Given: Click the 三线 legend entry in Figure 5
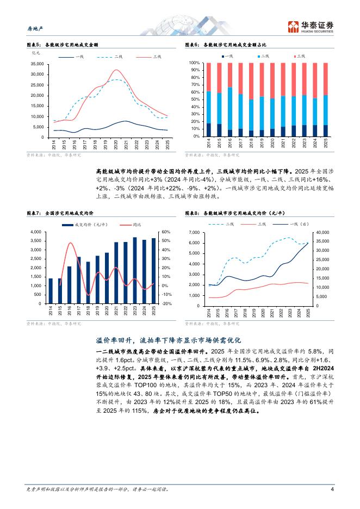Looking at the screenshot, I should (157, 56).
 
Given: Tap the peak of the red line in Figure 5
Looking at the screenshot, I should (116, 70).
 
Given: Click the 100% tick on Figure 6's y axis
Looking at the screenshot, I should (195, 63).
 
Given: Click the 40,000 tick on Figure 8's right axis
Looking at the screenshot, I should (323, 232).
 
